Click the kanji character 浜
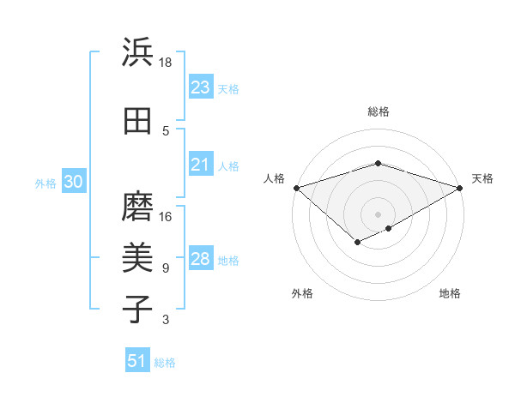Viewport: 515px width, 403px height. click(x=137, y=53)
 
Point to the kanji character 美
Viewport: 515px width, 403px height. click(x=137, y=257)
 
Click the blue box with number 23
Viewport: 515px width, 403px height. click(x=200, y=87)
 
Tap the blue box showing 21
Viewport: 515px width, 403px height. click(x=200, y=165)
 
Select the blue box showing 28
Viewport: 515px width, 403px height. click(x=200, y=260)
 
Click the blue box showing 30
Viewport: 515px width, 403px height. click(x=73, y=182)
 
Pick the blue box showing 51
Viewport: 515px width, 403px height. click(x=137, y=361)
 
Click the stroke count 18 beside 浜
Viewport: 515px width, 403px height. click(x=166, y=63)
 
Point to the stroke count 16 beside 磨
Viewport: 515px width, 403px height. click(x=166, y=217)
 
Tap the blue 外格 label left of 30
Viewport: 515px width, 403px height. click(x=45, y=183)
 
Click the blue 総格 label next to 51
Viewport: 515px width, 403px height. click(x=165, y=363)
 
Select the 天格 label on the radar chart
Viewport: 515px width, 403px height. click(x=482, y=178)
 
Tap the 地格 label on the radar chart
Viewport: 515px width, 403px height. click(x=450, y=293)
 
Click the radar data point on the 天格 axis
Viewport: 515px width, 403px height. click(x=460, y=187)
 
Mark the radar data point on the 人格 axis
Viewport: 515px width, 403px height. click(x=296, y=187)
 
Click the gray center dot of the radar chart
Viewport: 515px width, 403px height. click(x=378, y=214)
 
